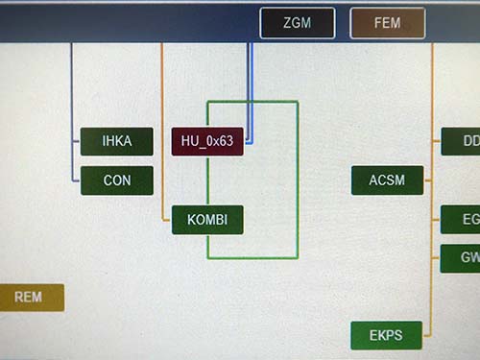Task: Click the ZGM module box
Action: pyautogui.click(x=297, y=23)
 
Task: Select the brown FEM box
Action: pyautogui.click(x=387, y=23)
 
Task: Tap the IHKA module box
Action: pyautogui.click(x=117, y=142)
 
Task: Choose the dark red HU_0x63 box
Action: pyautogui.click(x=207, y=142)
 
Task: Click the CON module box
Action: pyautogui.click(x=117, y=180)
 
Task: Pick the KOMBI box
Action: pyautogui.click(x=207, y=220)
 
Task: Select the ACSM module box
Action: pyautogui.click(x=387, y=180)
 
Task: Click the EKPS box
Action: pyautogui.click(x=386, y=336)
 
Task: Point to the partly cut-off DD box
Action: pyautogui.click(x=462, y=142)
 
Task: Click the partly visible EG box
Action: pyautogui.click(x=462, y=220)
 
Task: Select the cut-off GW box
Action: pyautogui.click(x=462, y=258)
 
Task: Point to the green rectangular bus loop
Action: pyautogui.click(x=298, y=182)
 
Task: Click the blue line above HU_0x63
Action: pyautogui.click(x=250, y=77)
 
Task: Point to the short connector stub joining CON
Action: pyautogui.click(x=76, y=180)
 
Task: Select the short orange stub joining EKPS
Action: pyautogui.click(x=428, y=336)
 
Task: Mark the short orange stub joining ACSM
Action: pyautogui.click(x=428, y=180)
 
